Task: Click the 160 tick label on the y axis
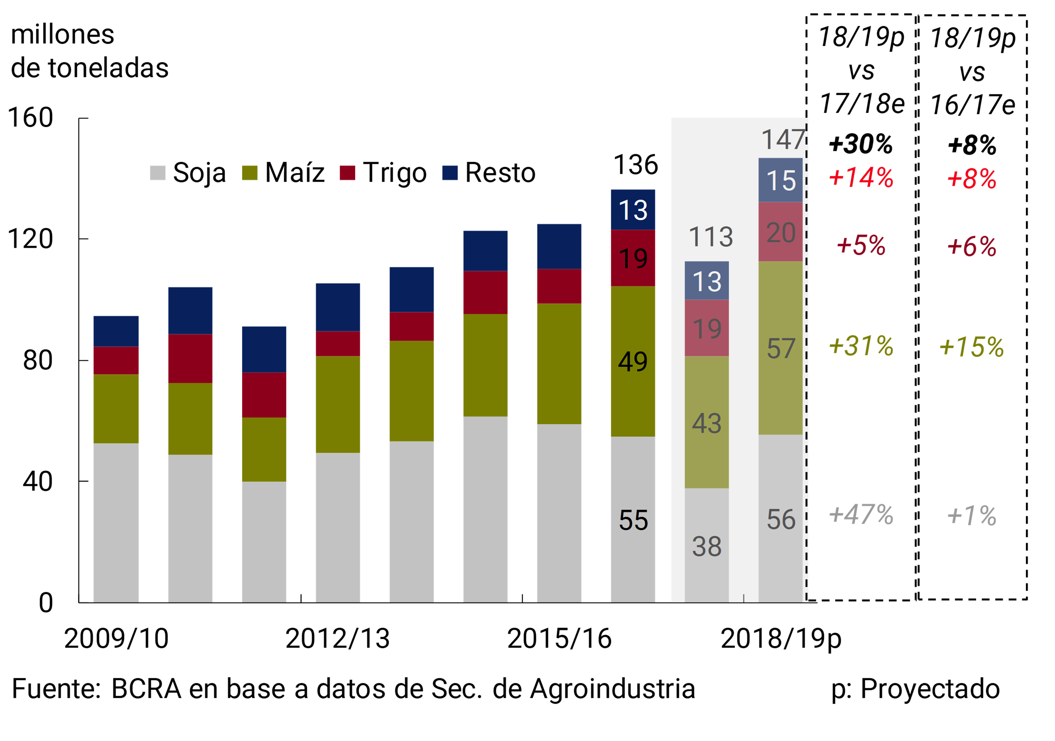tap(30, 118)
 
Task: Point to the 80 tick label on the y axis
tap(38, 360)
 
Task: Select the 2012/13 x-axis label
tap(337, 638)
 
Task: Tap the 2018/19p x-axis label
tap(781, 638)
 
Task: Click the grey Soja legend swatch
tap(157, 173)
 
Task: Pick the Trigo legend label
tap(395, 173)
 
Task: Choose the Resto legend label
tap(501, 173)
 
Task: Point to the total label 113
tap(710, 237)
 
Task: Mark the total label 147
tap(783, 139)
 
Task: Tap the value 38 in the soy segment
tap(707, 547)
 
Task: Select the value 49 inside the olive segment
tap(633, 362)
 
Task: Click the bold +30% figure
tap(861, 144)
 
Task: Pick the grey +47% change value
tap(861, 515)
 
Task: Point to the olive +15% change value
tap(972, 347)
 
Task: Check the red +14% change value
tap(861, 178)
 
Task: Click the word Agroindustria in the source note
tap(613, 689)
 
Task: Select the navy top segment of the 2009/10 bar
tap(116, 331)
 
